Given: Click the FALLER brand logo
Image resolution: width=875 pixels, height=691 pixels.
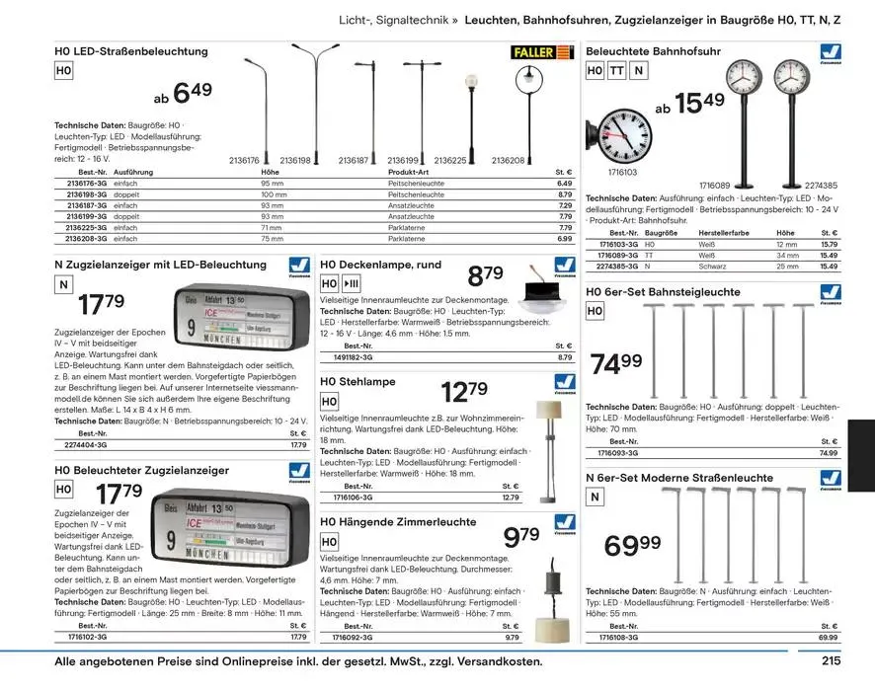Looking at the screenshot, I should tap(541, 52).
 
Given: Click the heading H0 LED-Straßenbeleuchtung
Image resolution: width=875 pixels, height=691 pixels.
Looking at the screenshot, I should tap(130, 51).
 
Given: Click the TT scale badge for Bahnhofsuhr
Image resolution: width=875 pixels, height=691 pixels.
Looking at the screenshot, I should tap(616, 71).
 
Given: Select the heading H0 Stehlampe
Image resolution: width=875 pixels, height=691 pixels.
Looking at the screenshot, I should tap(358, 381).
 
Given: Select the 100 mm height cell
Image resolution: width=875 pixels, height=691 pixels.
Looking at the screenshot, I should tap(273, 194).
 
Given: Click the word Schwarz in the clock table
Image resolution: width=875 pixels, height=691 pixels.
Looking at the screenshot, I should tap(712, 267).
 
